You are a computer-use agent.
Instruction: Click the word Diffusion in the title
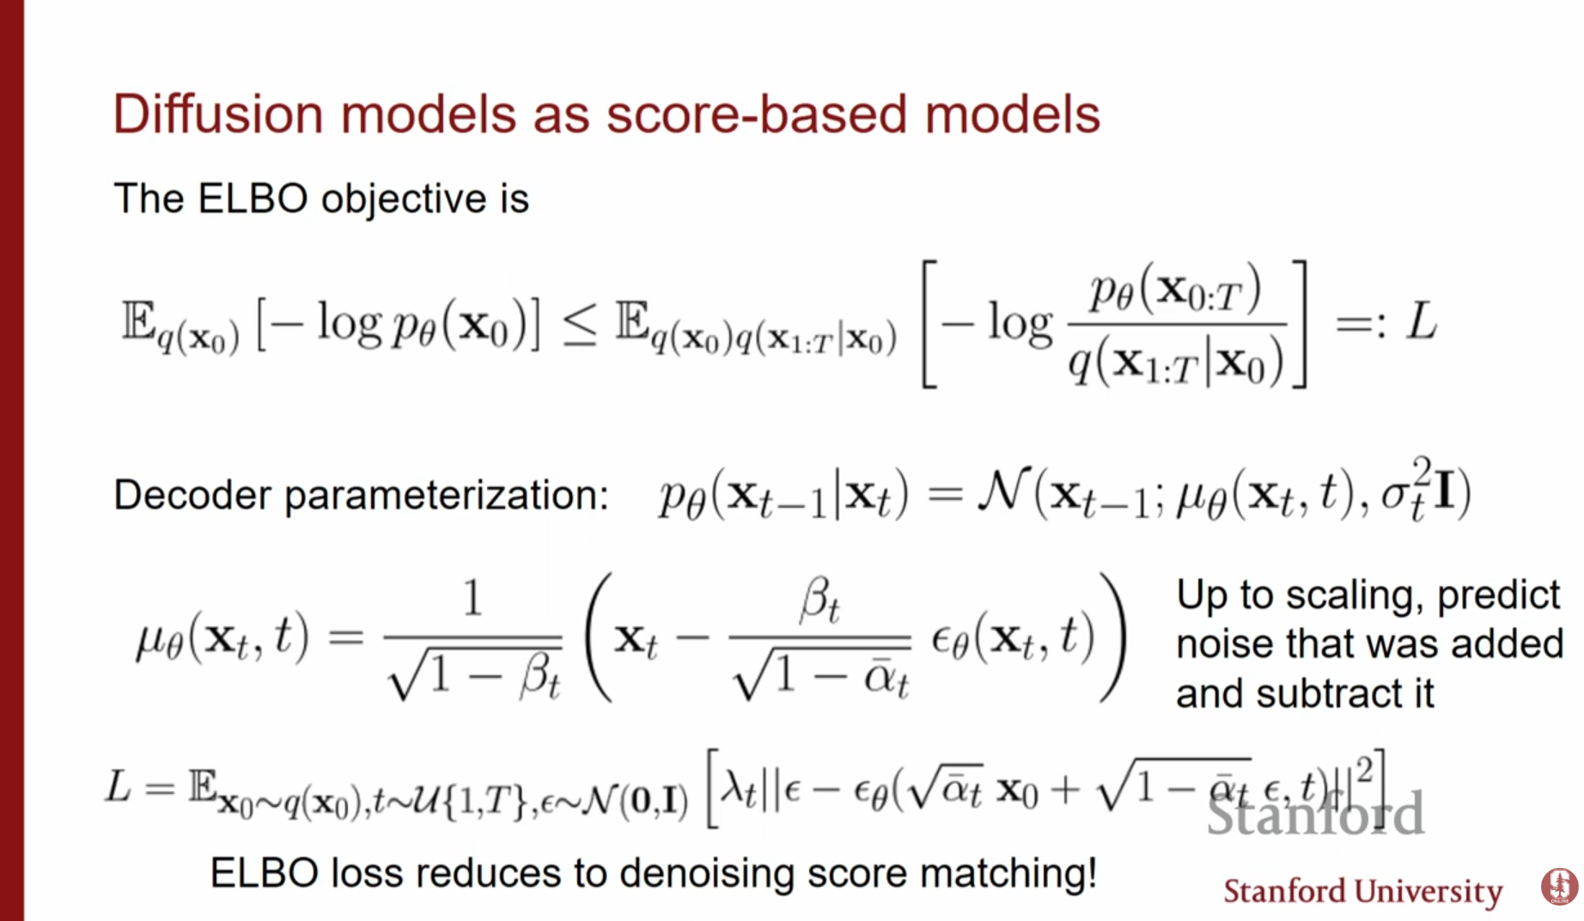218,114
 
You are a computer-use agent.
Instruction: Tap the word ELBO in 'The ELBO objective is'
253,198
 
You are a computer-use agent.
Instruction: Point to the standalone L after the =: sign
1421,323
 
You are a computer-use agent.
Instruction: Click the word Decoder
193,495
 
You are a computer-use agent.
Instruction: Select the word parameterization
447,497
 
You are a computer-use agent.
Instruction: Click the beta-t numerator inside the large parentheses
819,601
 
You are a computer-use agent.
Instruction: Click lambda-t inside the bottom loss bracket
740,787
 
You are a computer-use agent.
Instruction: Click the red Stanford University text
1362,892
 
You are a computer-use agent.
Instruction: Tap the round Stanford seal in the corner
1559,886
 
